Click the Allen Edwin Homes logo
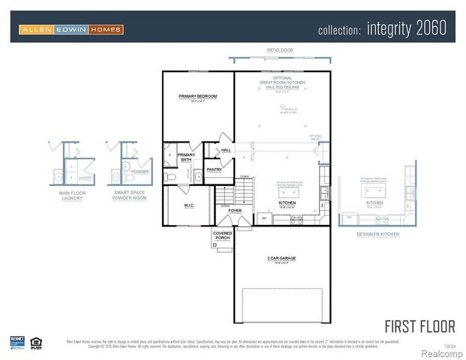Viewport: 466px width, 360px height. click(71, 30)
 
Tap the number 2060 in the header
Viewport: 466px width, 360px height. click(428, 29)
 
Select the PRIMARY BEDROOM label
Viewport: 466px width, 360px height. click(197, 97)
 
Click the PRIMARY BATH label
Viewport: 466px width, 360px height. click(185, 157)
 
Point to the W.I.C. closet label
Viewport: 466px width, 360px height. click(189, 205)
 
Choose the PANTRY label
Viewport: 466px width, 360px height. click(214, 170)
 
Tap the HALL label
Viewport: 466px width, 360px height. click(225, 150)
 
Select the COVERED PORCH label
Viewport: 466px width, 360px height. click(223, 235)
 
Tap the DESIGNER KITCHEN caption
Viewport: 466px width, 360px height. click(378, 235)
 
